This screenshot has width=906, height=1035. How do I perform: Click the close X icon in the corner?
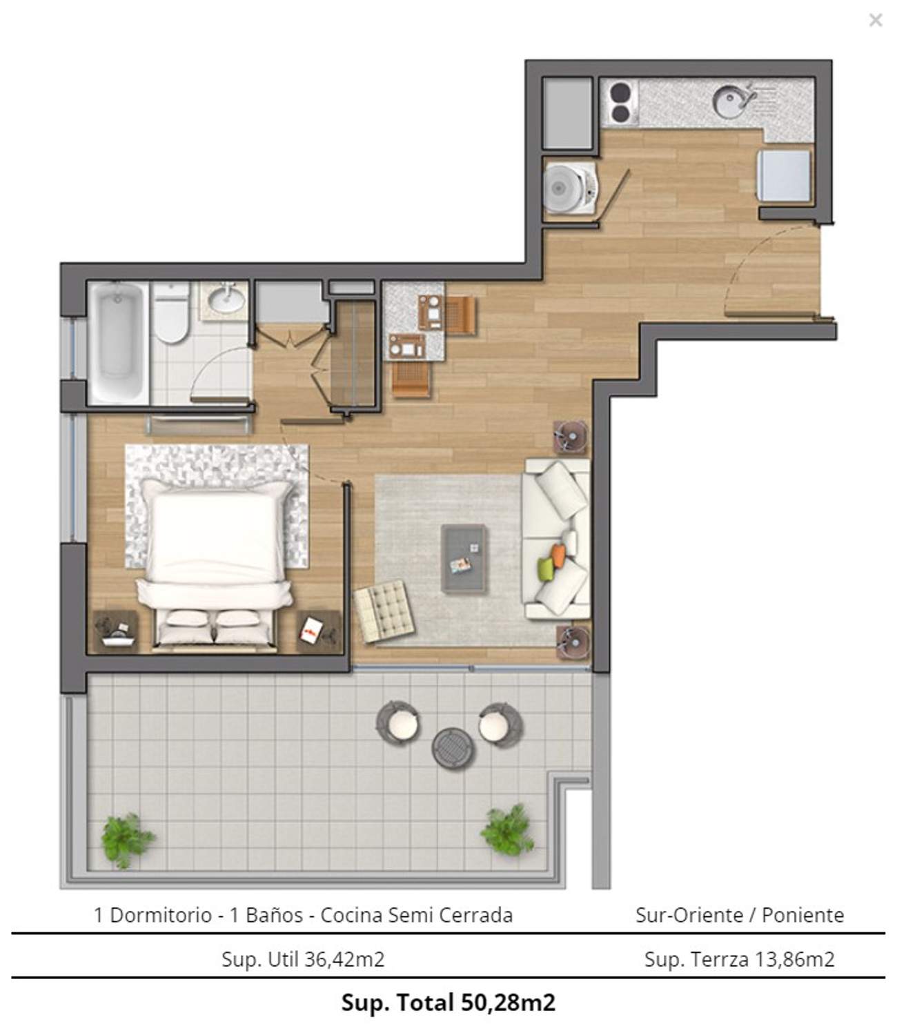876,20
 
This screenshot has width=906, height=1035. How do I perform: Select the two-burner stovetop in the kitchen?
621,103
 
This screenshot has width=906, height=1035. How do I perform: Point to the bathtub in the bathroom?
118,344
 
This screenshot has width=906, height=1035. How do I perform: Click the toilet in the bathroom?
171,313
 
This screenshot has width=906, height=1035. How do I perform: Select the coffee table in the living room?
463,558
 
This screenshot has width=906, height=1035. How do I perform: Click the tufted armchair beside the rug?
384,611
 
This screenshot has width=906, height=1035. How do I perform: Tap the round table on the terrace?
453,749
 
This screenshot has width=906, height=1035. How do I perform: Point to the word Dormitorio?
161,916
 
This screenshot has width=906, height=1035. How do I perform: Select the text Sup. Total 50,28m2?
449,1003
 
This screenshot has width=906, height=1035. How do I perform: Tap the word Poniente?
802,916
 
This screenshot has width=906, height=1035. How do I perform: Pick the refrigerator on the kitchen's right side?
784,176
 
